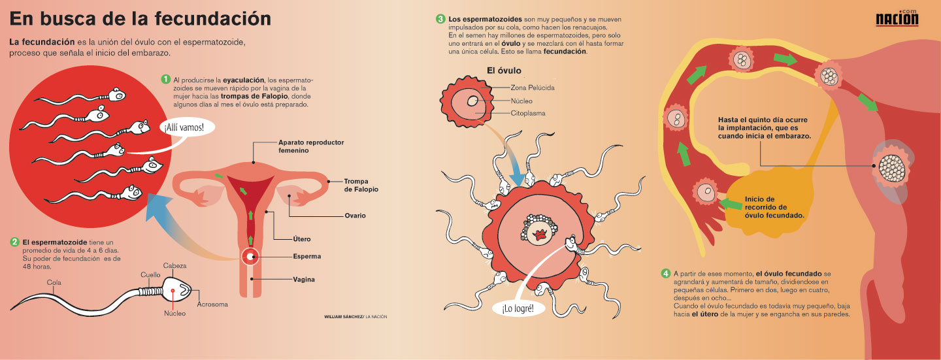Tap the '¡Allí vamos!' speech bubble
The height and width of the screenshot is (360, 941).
point(189,127)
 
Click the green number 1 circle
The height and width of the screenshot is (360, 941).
point(166,80)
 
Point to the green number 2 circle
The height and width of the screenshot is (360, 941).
point(14,242)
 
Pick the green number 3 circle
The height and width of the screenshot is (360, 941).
point(440,19)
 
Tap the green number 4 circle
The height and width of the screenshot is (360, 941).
point(665,273)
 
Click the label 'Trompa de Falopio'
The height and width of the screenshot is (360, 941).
point(361,185)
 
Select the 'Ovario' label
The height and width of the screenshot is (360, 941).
point(355,216)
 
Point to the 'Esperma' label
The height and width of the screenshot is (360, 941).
point(306,257)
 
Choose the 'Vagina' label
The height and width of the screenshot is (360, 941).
point(303,280)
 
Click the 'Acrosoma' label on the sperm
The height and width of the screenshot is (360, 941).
point(212,304)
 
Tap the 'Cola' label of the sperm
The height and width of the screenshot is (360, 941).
point(54,283)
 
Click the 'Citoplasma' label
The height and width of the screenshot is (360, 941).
point(528,114)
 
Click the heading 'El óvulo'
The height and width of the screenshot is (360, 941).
point(503,71)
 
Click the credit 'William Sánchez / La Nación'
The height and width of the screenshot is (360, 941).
point(355,316)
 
